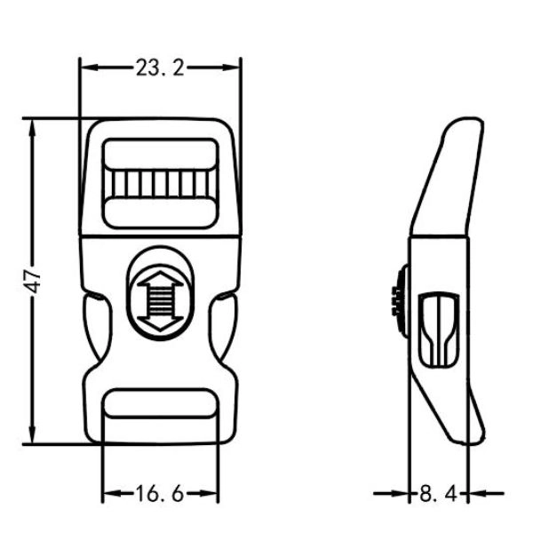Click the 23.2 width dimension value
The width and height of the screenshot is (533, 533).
click(x=160, y=68)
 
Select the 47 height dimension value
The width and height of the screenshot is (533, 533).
click(x=34, y=282)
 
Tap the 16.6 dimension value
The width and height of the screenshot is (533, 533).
click(x=160, y=494)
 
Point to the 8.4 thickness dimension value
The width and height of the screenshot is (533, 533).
click(x=439, y=494)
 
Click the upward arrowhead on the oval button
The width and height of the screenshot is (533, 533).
click(x=160, y=279)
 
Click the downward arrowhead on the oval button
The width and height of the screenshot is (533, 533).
click(x=160, y=323)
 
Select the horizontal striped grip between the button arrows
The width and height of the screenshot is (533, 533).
click(x=160, y=301)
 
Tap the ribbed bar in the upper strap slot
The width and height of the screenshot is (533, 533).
click(x=160, y=184)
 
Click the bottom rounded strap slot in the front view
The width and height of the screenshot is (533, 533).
click(x=160, y=403)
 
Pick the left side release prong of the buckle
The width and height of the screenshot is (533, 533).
click(x=97, y=326)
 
